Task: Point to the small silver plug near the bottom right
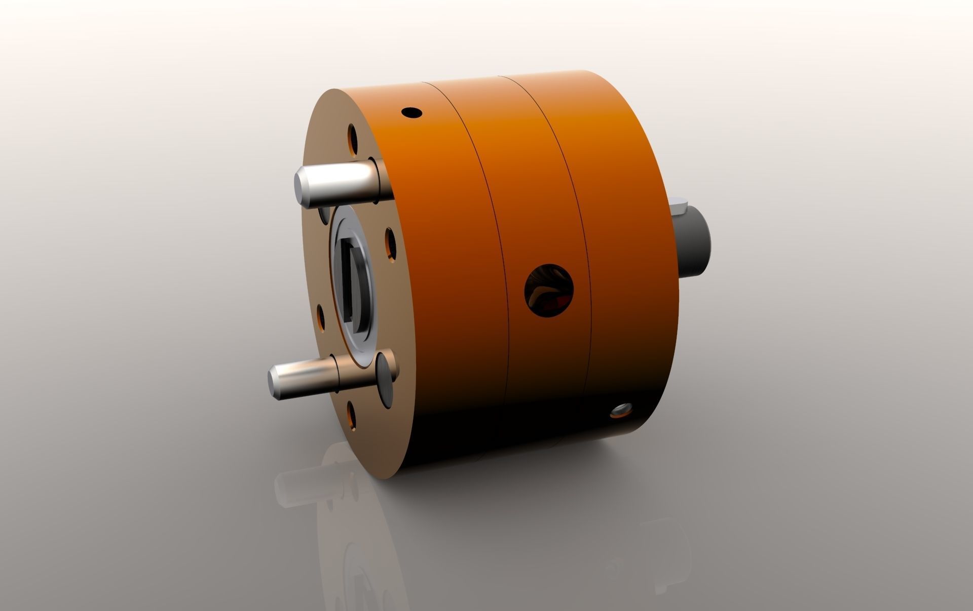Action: click(621, 410)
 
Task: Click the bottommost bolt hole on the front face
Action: click(351, 415)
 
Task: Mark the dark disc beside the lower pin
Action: click(387, 374)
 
